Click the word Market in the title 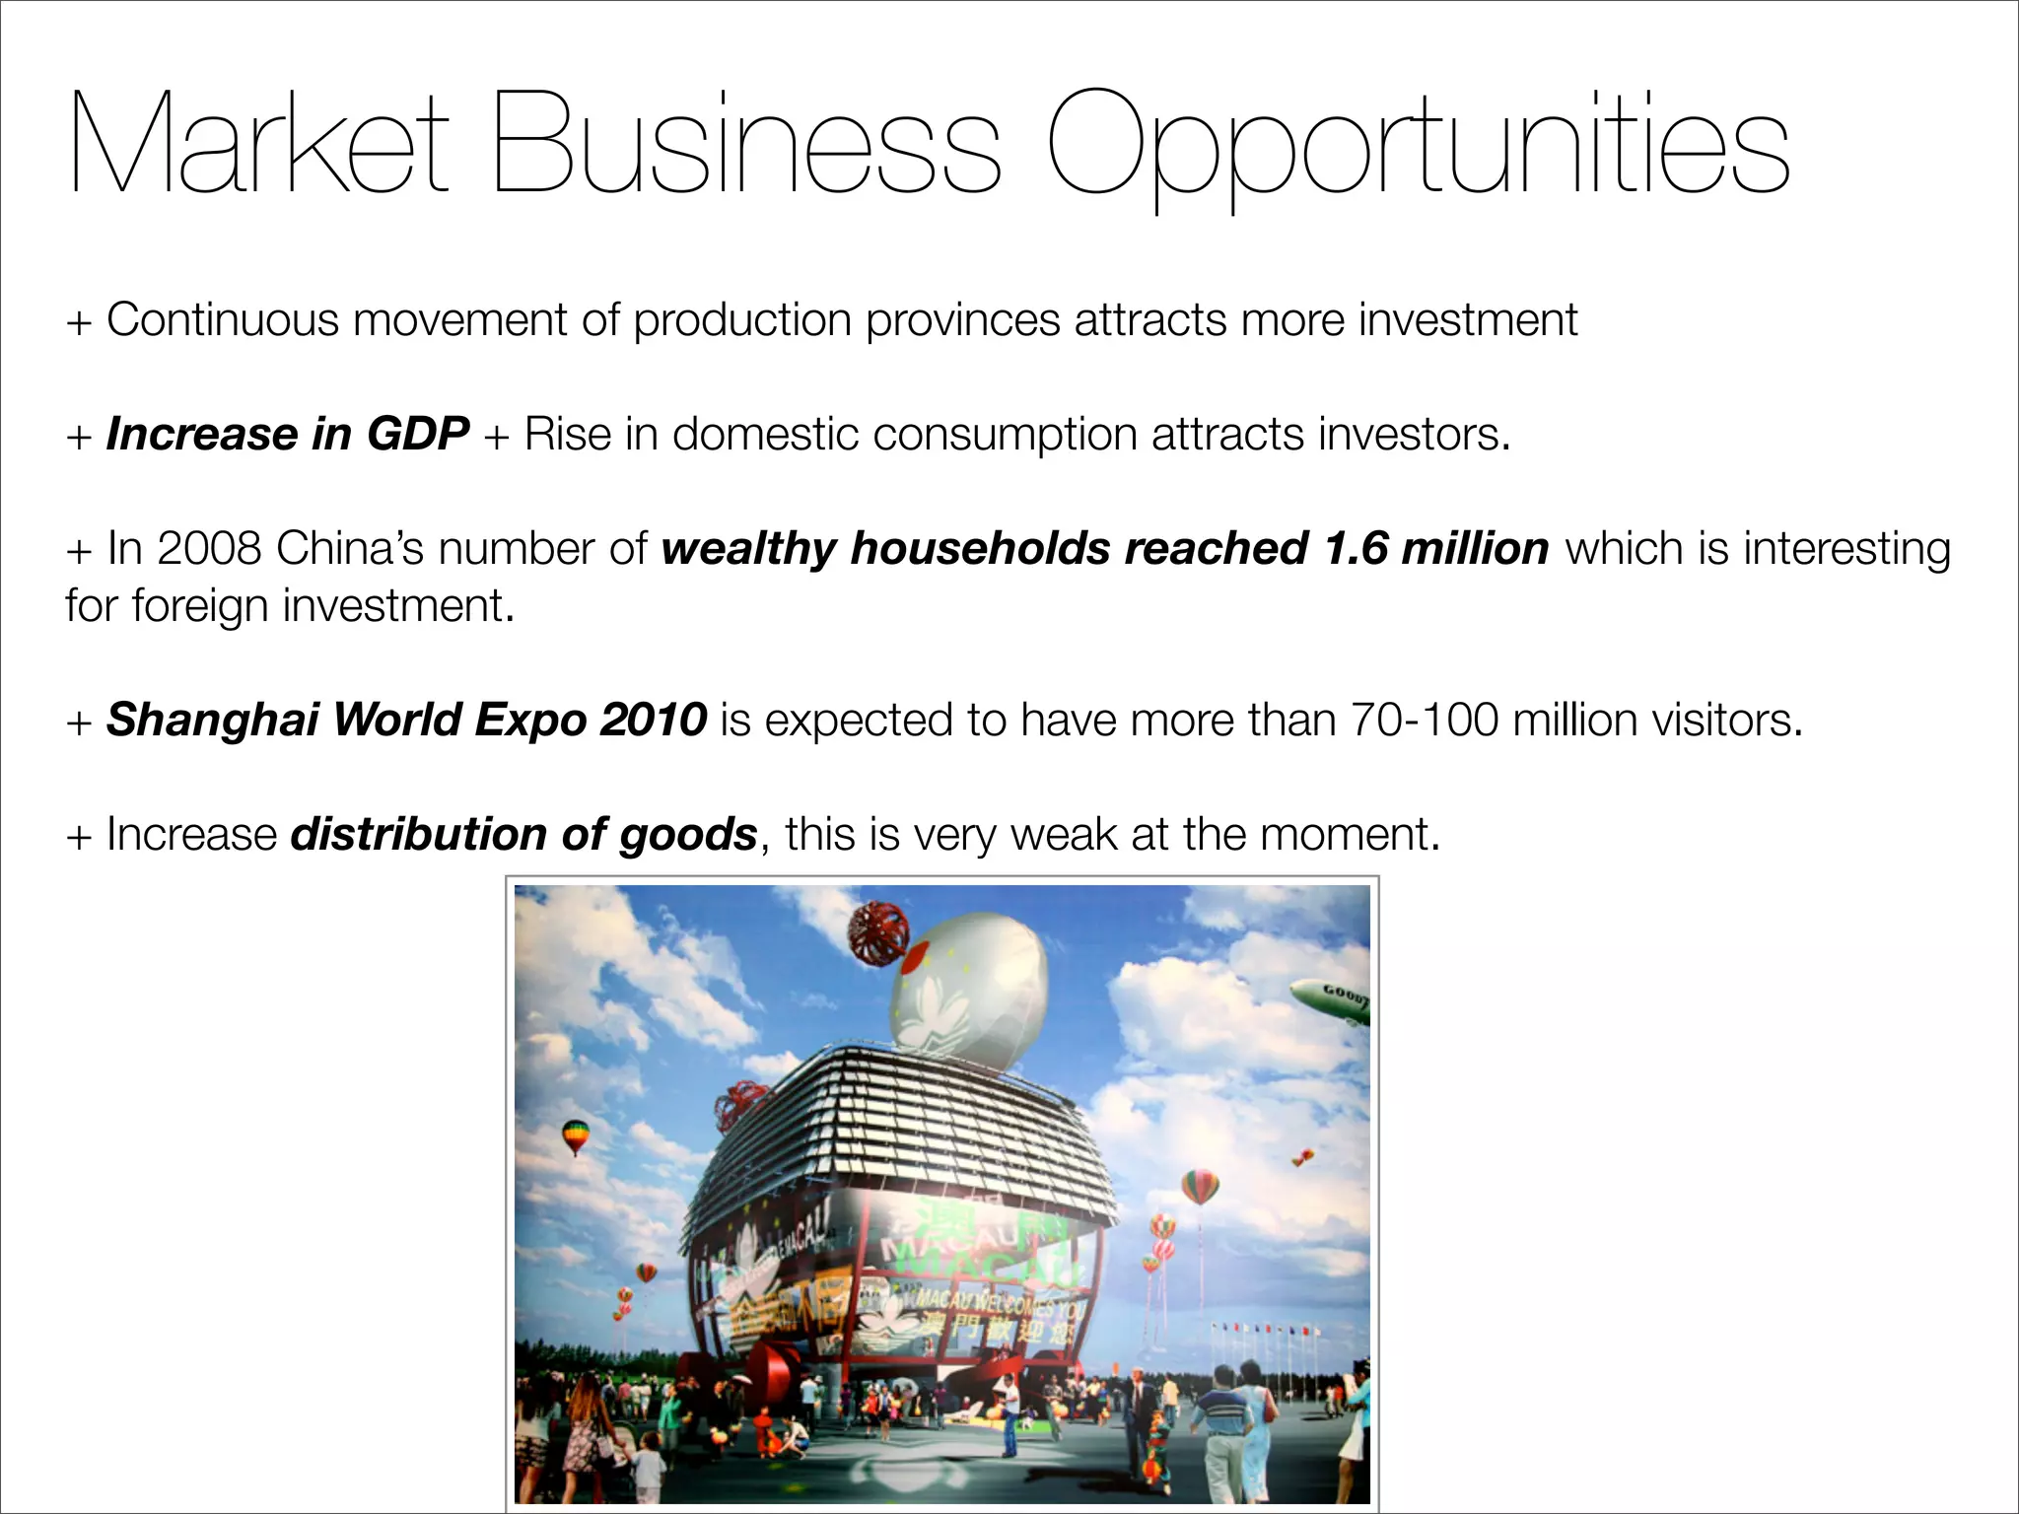(258, 144)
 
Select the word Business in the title (746, 144)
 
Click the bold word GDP (418, 434)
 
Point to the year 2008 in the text (209, 548)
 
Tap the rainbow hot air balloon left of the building (575, 1136)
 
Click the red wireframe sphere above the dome (878, 929)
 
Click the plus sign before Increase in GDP (79, 436)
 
